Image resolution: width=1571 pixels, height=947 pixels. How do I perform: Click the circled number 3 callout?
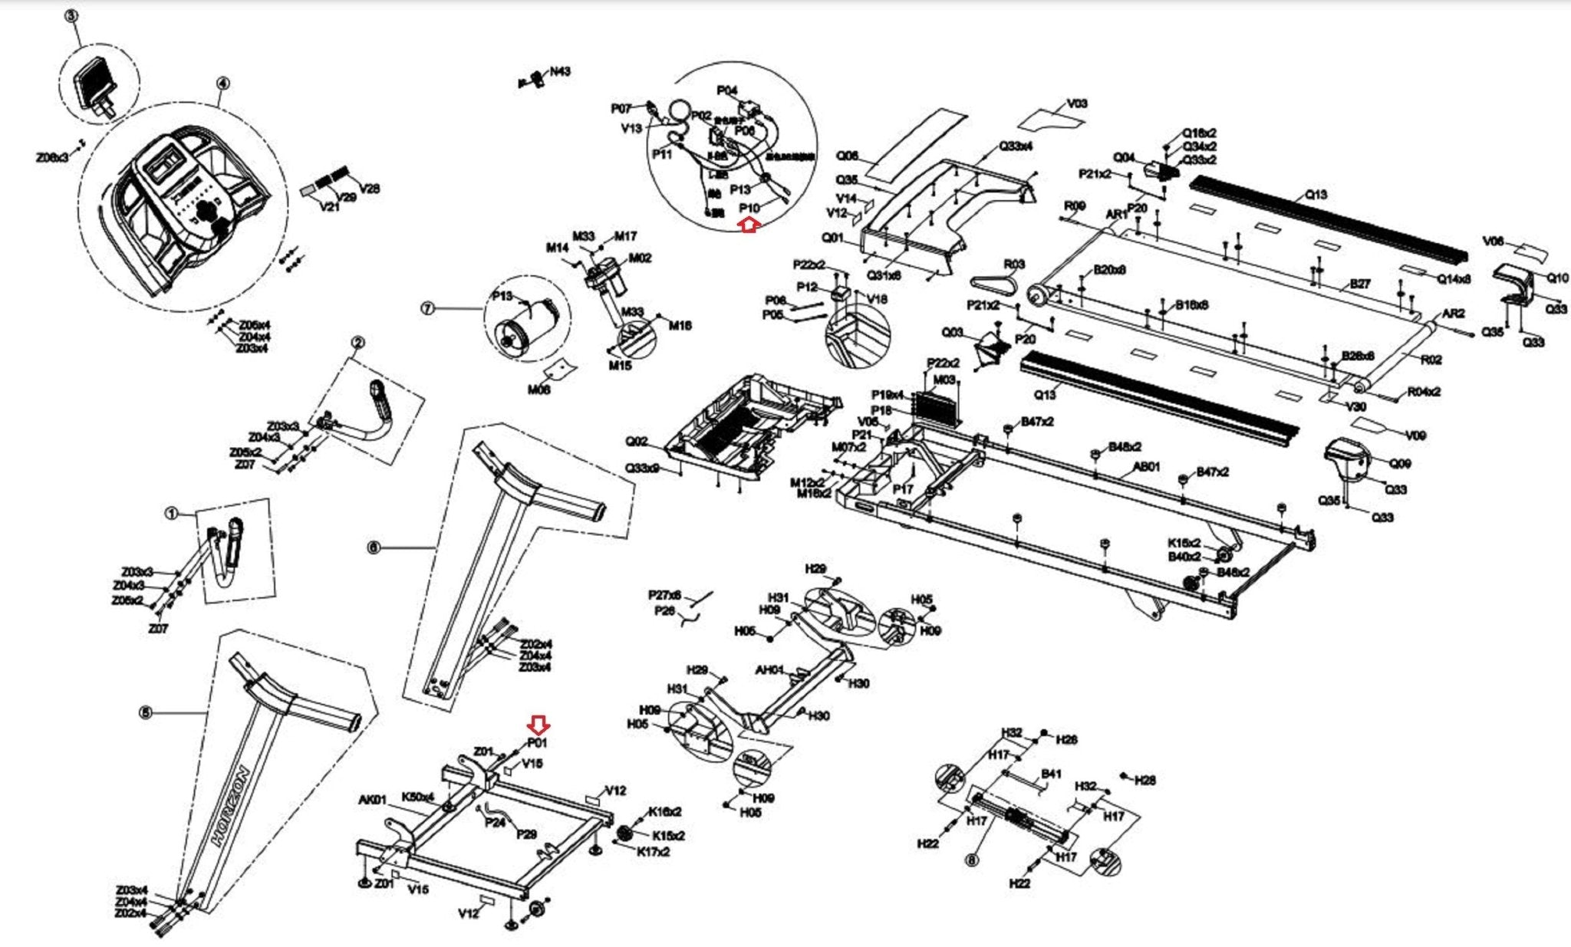(74, 15)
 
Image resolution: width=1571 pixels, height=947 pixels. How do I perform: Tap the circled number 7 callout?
(428, 308)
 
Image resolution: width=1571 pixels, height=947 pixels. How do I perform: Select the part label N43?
(560, 71)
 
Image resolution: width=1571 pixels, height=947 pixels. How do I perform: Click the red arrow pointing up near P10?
(749, 225)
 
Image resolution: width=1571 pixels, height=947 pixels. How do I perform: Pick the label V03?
(1077, 104)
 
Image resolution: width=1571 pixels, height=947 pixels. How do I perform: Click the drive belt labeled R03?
(994, 282)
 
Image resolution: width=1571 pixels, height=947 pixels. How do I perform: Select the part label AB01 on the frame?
(1147, 466)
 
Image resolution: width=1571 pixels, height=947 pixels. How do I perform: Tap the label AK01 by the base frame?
(372, 800)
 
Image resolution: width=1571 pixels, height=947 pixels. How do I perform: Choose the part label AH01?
(769, 669)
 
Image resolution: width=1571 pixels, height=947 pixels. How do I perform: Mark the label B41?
(1051, 774)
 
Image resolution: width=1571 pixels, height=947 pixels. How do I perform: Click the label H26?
(1066, 739)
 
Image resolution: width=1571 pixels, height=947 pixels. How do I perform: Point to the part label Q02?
(637, 442)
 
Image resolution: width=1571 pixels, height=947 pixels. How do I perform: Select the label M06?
(538, 390)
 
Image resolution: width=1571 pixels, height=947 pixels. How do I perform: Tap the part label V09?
(1415, 435)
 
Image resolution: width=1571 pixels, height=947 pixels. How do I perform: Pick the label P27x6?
(664, 595)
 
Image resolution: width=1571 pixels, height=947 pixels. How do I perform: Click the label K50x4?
(418, 797)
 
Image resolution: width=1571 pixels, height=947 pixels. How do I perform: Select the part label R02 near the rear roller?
(1431, 359)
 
